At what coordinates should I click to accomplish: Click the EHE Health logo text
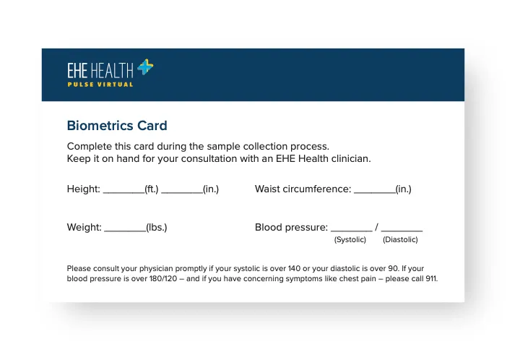[x=100, y=71]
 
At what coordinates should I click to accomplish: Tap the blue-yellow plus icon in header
[x=144, y=68]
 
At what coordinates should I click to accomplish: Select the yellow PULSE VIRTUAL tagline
[x=100, y=85]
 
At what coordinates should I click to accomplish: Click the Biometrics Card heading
[x=116, y=126]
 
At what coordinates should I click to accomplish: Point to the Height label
[x=83, y=189]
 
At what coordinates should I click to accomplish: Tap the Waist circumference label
[x=303, y=189]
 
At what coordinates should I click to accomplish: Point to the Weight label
[x=84, y=227]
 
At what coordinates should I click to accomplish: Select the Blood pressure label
[x=291, y=227]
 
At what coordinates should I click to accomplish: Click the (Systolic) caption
[x=350, y=240]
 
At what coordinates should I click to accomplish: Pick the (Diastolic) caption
[x=400, y=240]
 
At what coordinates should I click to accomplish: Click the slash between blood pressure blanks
[x=376, y=227]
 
